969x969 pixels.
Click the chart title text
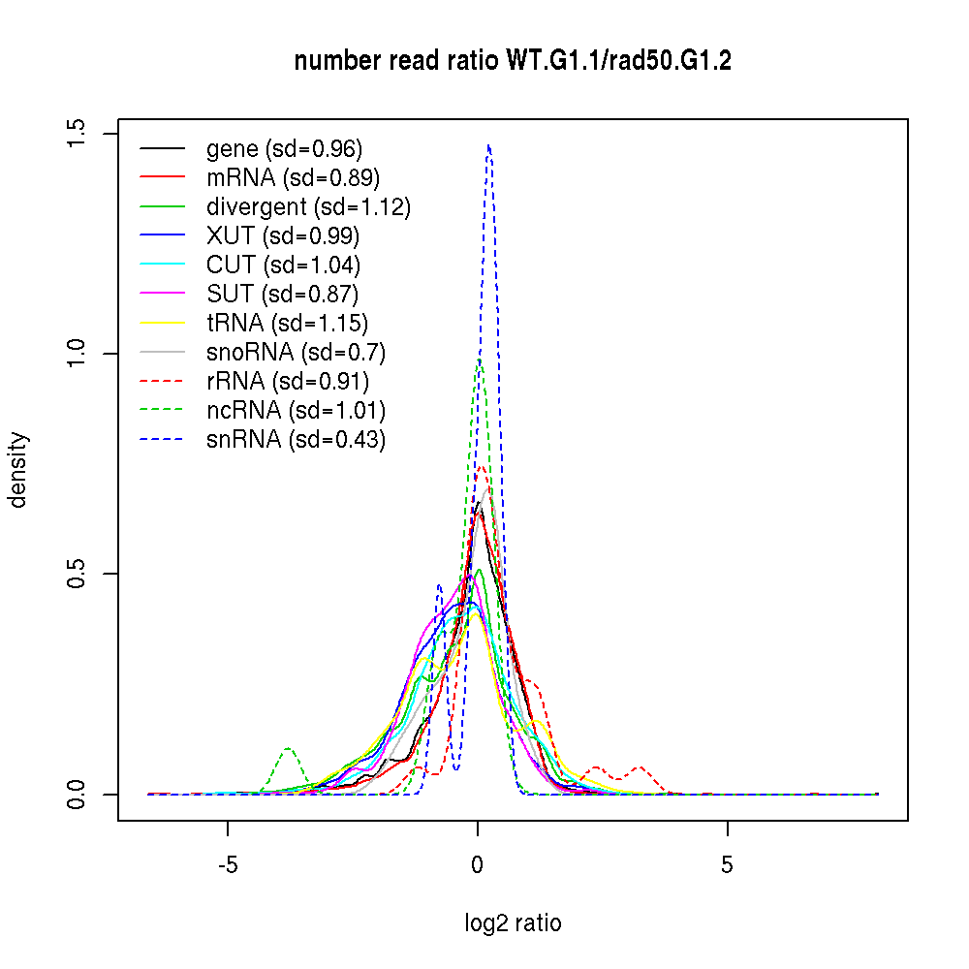tap(513, 62)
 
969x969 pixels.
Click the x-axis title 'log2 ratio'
tap(513, 923)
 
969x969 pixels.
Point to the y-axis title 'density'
tap(18, 469)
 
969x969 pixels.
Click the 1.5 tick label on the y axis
tap(78, 133)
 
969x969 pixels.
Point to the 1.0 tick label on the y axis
tap(78, 353)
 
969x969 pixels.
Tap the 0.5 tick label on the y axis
tap(78, 574)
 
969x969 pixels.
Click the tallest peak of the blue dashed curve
tap(488, 146)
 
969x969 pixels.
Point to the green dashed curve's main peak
tap(479, 360)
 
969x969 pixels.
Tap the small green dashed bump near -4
tap(288, 749)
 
